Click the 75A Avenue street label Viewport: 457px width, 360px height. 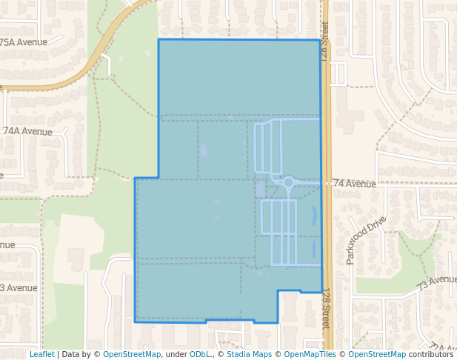coord(24,42)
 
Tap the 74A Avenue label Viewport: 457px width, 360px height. coord(27,130)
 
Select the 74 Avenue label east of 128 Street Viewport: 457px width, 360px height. coord(355,183)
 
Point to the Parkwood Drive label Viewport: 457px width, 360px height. coord(365,240)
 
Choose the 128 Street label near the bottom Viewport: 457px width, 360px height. coord(326,310)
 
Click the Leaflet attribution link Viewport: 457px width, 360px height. coord(41,354)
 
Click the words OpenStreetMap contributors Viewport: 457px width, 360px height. coord(401,354)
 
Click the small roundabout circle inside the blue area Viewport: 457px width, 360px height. coord(288,181)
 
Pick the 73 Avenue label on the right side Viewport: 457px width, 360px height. coord(436,281)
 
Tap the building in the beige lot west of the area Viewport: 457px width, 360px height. coord(76,259)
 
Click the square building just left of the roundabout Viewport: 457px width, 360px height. coord(260,190)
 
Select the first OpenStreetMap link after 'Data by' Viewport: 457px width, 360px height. coord(132,354)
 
